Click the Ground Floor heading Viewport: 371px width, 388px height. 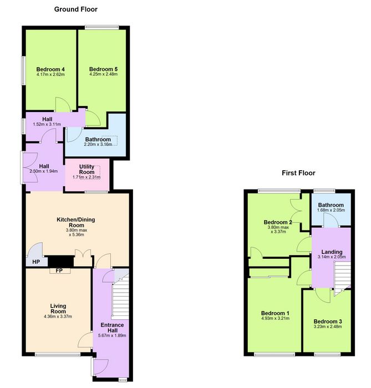coord(76,9)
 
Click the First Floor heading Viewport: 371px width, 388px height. coord(298,173)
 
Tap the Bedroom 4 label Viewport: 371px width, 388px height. coord(50,69)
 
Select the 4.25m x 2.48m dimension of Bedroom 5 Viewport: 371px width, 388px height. coord(103,74)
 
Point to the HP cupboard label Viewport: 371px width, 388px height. coord(36,262)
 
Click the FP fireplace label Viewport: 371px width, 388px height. coord(59,270)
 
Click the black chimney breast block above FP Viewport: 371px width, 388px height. coord(61,261)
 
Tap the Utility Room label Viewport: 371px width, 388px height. coord(87,169)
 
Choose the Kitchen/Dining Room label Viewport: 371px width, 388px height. coord(76,222)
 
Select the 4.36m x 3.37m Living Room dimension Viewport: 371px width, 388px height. coord(58,316)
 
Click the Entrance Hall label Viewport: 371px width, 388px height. coord(112,328)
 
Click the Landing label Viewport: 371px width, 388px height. coord(332,252)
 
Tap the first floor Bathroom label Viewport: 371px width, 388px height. coord(331,205)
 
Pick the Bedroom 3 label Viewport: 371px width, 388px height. coord(328,321)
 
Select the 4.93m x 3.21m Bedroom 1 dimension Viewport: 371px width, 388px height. coord(275,319)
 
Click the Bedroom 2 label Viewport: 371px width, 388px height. coord(278,222)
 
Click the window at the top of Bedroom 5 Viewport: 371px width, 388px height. coord(101,27)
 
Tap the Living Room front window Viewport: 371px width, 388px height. coord(58,355)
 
